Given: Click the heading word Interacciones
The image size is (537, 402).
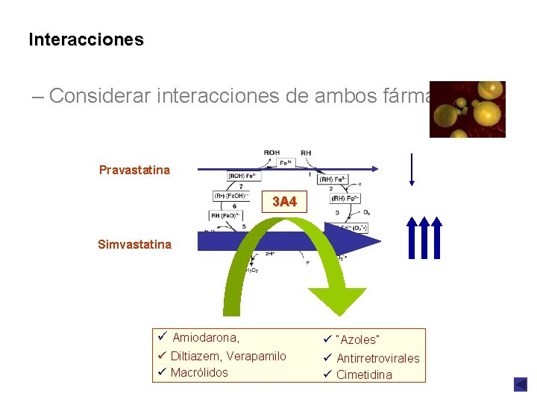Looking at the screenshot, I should coord(86,39).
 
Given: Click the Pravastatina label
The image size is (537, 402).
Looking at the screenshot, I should coord(134,170).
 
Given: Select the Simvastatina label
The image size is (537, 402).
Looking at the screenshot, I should coord(134,244).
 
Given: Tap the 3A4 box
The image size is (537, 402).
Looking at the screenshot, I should coord(284,202).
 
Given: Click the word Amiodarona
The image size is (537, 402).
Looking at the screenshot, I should coord(206,339).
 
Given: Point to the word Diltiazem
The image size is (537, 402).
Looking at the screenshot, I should coord(195,357).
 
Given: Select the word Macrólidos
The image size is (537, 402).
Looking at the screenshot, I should coord(199,373).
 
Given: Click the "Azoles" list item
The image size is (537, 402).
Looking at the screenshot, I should coord(358,340).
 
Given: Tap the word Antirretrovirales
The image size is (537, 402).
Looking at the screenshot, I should coord(377,358).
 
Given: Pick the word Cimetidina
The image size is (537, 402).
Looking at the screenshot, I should coord(364,374).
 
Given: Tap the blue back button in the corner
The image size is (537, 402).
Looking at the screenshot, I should coord(520,384).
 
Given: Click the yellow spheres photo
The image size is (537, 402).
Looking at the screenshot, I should coord(468,109).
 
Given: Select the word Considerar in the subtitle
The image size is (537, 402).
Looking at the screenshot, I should coord(101,96).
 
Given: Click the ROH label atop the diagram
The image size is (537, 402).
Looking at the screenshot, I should coord(272,153).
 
